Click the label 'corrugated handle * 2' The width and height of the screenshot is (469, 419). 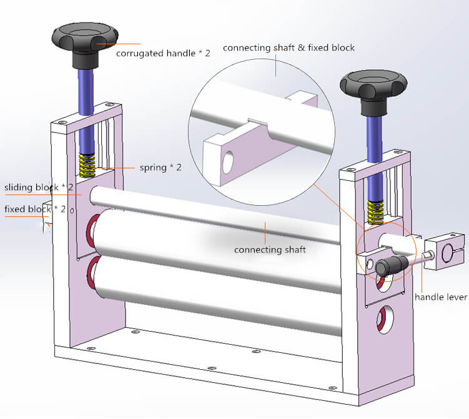click(x=163, y=53)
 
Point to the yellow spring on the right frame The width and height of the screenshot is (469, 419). click(x=375, y=211)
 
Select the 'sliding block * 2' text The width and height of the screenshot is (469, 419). click(x=39, y=188)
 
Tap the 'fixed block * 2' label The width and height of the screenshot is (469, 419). click(x=35, y=209)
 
